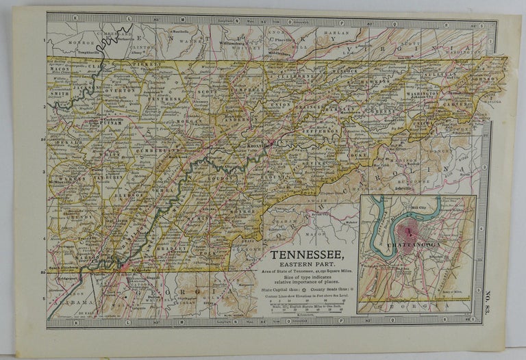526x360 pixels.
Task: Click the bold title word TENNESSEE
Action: pos(309,254)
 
